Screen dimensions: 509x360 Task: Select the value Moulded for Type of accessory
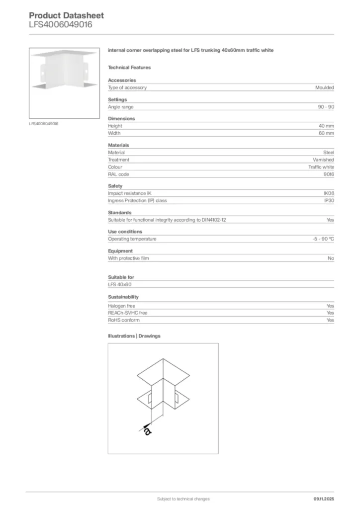[324, 87]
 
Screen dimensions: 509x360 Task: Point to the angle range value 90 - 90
[326, 107]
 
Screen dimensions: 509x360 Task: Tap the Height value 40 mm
[326, 126]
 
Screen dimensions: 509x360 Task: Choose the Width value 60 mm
[326, 133]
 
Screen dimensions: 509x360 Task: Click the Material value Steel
[328, 153]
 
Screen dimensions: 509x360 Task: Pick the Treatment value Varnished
[323, 160]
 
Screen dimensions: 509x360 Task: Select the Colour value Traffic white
[321, 167]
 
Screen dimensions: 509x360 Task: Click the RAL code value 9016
[329, 174]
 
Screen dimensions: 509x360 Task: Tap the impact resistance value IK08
[329, 193]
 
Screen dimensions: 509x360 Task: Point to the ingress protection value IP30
[329, 201]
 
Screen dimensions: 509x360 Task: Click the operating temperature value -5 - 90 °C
[320, 239]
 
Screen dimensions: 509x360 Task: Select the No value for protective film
[331, 258]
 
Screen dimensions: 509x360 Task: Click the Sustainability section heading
[123, 297]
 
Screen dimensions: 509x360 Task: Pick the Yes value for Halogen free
[330, 306]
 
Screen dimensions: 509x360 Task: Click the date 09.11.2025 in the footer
[324, 499]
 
